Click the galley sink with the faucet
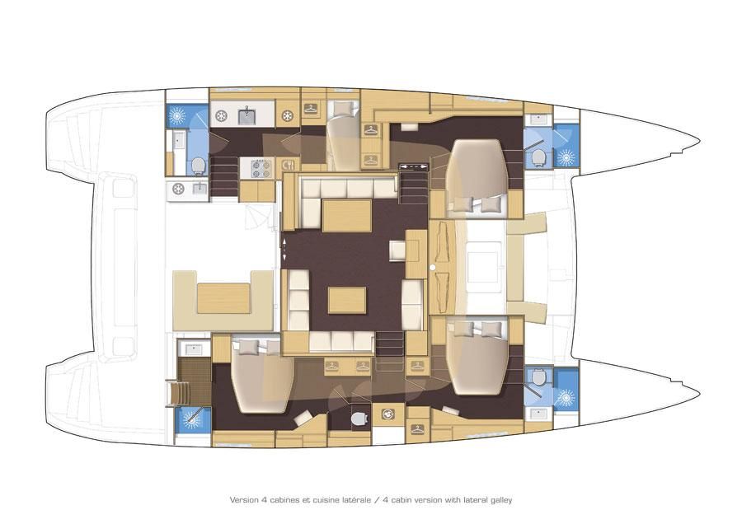[246, 115]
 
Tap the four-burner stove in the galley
[261, 168]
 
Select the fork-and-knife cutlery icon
[288, 165]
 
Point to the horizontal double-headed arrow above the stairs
[414, 166]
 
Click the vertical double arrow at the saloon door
[284, 249]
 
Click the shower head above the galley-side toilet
[177, 115]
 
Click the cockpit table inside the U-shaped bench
[223, 298]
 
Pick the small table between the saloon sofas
[347, 300]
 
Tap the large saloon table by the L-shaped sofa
[347, 216]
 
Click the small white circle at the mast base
[432, 268]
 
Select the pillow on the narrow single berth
[341, 110]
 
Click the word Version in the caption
[244, 499]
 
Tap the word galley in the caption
[501, 500]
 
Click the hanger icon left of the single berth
[311, 108]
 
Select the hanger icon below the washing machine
[417, 429]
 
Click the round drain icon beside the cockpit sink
[178, 189]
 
